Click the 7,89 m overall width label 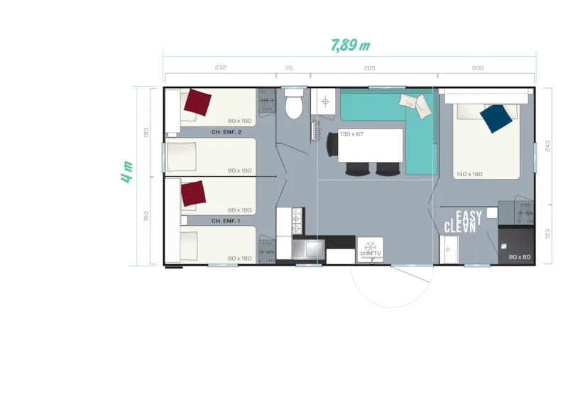pyautogui.click(x=351, y=45)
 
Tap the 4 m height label pyautogui.click(x=127, y=173)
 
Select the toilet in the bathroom pyautogui.click(x=293, y=106)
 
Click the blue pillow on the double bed pyautogui.click(x=496, y=118)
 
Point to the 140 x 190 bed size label pyautogui.click(x=469, y=174)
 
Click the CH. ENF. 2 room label pyautogui.click(x=226, y=132)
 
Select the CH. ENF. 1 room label pyautogui.click(x=226, y=221)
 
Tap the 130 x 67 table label pyautogui.click(x=351, y=134)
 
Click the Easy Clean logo pyautogui.click(x=463, y=222)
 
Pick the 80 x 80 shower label pyautogui.click(x=519, y=257)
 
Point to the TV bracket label pyautogui.click(x=371, y=252)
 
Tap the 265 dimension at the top pyautogui.click(x=369, y=68)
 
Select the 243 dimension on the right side pyautogui.click(x=546, y=146)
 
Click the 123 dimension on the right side pyautogui.click(x=546, y=234)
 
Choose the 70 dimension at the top pyautogui.click(x=288, y=68)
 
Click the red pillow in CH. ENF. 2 pyautogui.click(x=197, y=102)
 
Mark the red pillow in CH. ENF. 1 pyautogui.click(x=192, y=193)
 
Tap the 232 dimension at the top pyautogui.click(x=220, y=68)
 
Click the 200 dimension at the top pyautogui.click(x=477, y=68)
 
